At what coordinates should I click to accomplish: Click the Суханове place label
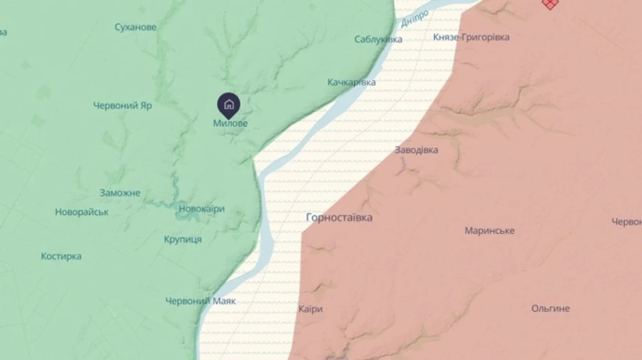click(136, 27)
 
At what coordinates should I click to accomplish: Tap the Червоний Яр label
click(123, 106)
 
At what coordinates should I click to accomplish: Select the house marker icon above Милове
click(228, 106)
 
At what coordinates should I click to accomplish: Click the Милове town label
click(230, 123)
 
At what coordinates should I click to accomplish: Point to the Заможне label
click(120, 193)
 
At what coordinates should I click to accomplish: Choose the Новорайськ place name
click(81, 212)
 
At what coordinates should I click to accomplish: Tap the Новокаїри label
click(201, 209)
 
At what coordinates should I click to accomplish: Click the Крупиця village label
click(183, 239)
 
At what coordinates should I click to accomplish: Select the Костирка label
click(61, 256)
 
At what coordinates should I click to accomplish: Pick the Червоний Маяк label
click(200, 301)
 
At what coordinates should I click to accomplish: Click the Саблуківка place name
click(379, 39)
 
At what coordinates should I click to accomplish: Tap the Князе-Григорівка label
click(472, 37)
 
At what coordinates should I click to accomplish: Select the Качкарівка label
click(352, 83)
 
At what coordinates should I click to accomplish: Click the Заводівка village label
click(417, 150)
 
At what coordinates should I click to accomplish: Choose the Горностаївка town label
click(339, 217)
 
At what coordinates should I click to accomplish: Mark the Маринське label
click(489, 231)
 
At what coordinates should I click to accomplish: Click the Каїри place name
click(310, 309)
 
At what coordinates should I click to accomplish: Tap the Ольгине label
click(551, 309)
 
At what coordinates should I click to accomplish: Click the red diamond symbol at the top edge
click(549, 4)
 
